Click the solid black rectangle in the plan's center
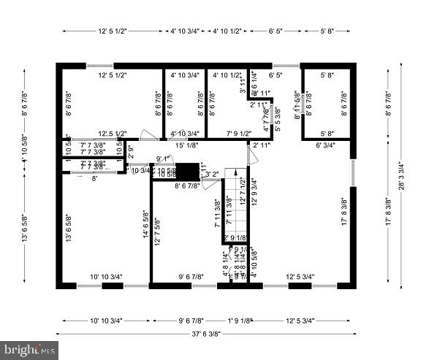[x=189, y=172]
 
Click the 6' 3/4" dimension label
[x=325, y=145]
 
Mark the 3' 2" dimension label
[x=212, y=174]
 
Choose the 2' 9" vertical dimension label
[x=131, y=153]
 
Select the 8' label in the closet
[x=94, y=177]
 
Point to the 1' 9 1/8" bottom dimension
[x=239, y=320]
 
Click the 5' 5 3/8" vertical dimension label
[x=277, y=119]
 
